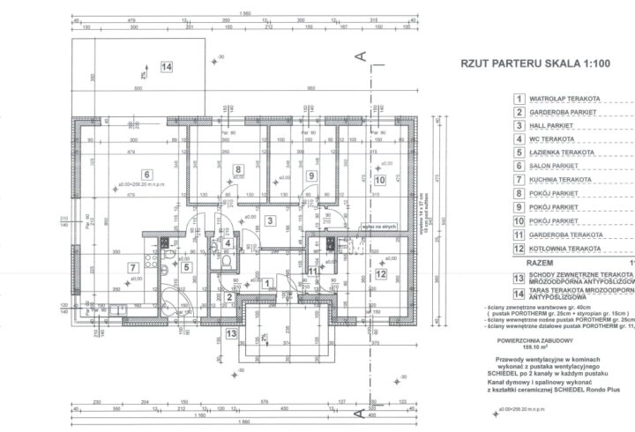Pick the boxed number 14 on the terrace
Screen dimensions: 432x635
167,66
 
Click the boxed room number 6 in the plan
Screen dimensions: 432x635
147,173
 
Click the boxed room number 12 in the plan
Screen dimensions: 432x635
381,273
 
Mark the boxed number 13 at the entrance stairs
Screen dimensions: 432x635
231,333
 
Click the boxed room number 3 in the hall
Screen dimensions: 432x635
272,221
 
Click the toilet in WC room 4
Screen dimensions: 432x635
228,263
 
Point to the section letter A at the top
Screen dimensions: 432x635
361,56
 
